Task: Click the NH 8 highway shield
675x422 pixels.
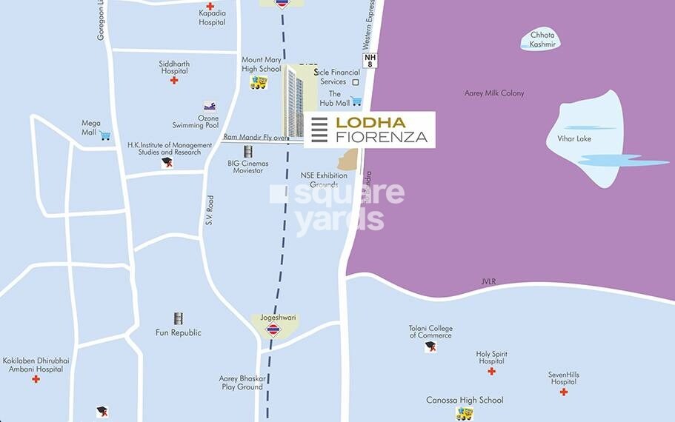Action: pyautogui.click(x=370, y=60)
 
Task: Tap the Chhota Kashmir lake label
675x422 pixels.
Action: pyautogui.click(x=542, y=40)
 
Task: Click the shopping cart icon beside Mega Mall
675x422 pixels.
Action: pyautogui.click(x=105, y=135)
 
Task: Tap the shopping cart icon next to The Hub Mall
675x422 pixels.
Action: pyautogui.click(x=356, y=101)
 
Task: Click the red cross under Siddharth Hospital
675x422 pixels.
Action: pyautogui.click(x=174, y=80)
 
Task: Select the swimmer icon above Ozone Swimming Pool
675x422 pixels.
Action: pyautogui.click(x=210, y=106)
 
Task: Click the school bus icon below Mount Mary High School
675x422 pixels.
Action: pyautogui.click(x=259, y=82)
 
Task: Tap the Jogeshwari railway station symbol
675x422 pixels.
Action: pyautogui.click(x=273, y=329)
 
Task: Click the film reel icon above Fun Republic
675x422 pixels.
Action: pyautogui.click(x=178, y=318)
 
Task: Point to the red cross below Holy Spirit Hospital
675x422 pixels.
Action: pyautogui.click(x=491, y=371)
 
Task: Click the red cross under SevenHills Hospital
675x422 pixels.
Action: pyautogui.click(x=564, y=392)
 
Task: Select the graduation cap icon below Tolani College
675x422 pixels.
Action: pyautogui.click(x=430, y=346)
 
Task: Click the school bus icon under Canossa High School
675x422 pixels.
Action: pyautogui.click(x=465, y=414)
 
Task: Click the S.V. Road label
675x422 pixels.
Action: pyautogui.click(x=210, y=211)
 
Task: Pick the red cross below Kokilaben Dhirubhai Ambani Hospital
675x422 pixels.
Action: pyautogui.click(x=36, y=379)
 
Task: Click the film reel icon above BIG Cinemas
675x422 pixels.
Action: pyautogui.click(x=248, y=151)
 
